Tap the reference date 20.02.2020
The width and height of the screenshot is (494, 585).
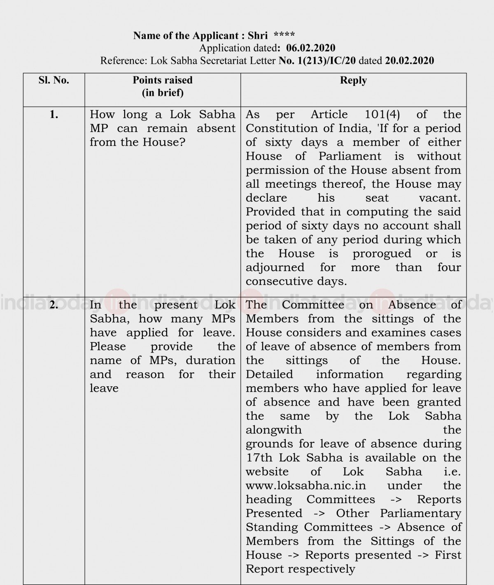click(409, 61)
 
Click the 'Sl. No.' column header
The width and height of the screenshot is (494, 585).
click(54, 80)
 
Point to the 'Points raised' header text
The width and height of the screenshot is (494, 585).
click(163, 80)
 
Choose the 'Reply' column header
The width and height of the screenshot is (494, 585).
click(353, 80)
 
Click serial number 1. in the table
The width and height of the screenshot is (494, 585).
click(54, 114)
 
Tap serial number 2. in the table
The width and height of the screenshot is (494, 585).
click(54, 305)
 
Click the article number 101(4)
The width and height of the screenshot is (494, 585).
click(382, 114)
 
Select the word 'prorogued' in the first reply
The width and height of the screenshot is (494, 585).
click(382, 253)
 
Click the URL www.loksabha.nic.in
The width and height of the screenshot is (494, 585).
click(306, 485)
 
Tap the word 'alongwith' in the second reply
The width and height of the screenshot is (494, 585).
click(273, 430)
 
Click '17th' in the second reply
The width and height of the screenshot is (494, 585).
click(258, 458)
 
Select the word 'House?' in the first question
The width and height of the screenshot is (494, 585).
click(164, 142)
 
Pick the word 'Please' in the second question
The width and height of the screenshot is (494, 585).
click(108, 346)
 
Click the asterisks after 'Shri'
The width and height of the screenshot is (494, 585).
click(284, 35)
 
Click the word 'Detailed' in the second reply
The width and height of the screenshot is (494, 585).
click(269, 374)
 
